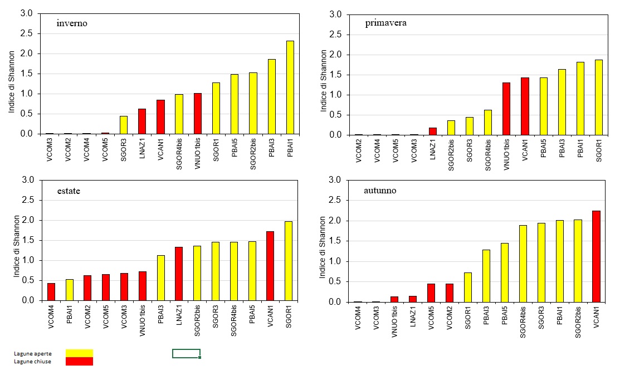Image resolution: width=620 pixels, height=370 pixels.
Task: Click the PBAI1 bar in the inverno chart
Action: pos(290,87)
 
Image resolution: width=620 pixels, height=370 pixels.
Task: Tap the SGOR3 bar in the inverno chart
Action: pos(123,125)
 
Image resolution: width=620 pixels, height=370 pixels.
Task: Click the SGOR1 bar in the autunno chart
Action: pos(468,287)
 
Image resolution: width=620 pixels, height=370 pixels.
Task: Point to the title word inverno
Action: pos(72,23)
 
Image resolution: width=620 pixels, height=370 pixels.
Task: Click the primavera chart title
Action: pos(385,23)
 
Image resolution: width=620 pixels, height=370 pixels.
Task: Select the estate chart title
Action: pos(69,191)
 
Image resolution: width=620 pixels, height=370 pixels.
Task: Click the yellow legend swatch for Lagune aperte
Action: pos(79,353)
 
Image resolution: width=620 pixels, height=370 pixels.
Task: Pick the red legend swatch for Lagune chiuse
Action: pos(79,361)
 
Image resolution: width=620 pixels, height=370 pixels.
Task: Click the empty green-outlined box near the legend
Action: pos(186,353)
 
